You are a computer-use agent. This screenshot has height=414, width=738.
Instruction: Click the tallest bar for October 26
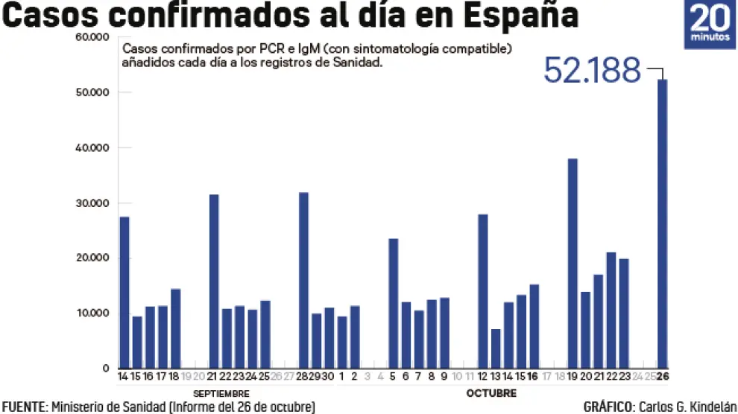pyautogui.click(x=662, y=223)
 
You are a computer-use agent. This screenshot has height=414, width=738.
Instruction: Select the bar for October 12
pyautogui.click(x=482, y=291)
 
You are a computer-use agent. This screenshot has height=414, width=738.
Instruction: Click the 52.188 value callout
pyautogui.click(x=593, y=71)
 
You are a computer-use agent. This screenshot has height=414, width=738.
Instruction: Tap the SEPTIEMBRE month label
pyautogui.click(x=221, y=393)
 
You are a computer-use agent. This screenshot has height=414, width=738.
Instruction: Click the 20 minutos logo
pyautogui.click(x=710, y=25)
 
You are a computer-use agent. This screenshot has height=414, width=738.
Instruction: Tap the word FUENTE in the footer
pyautogui.click(x=24, y=407)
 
